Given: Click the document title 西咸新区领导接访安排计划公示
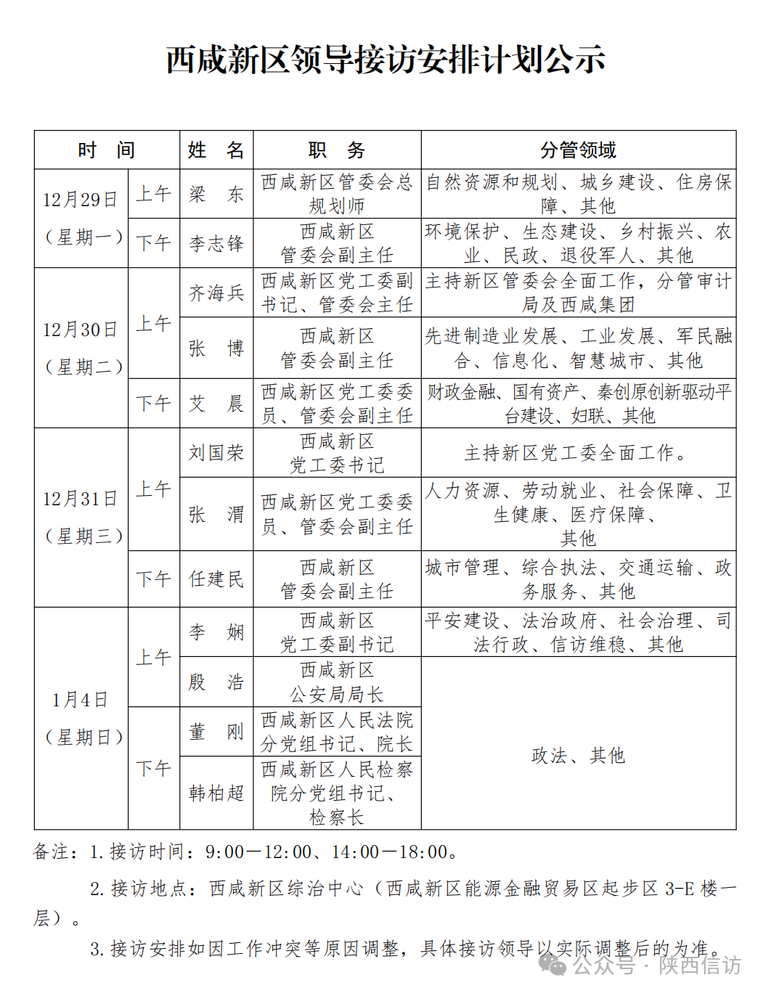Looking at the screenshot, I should pyautogui.click(x=386, y=60).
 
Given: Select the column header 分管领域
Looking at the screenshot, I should pyautogui.click(x=578, y=150).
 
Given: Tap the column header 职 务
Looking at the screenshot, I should pyautogui.click(x=337, y=150).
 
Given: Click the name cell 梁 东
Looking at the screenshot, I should pyautogui.click(x=216, y=195).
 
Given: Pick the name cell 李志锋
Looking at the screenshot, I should pyautogui.click(x=216, y=243).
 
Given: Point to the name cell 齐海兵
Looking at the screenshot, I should pyautogui.click(x=216, y=293).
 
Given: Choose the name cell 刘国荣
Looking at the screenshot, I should pyautogui.click(x=216, y=453).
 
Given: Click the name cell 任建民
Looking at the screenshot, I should pyautogui.click(x=216, y=579).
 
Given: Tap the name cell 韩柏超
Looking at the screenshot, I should pyautogui.click(x=216, y=793).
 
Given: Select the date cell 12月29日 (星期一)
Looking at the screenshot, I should pyautogui.click(x=81, y=218).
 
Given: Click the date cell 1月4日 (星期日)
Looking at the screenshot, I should pyautogui.click(x=81, y=718).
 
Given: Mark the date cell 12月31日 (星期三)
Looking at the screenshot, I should pyautogui.click(x=81, y=517).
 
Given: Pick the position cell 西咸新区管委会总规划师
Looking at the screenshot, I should pyautogui.click(x=337, y=194).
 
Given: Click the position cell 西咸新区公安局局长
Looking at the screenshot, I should pyautogui.click(x=337, y=682).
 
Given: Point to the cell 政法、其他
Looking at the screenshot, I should pyautogui.click(x=578, y=756).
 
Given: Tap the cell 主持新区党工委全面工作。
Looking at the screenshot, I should pyautogui.click(x=578, y=453).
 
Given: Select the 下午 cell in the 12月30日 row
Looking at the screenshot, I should pyautogui.click(x=154, y=403).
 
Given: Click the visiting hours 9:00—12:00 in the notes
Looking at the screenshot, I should pyautogui.click(x=258, y=852).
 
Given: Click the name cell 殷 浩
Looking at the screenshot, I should pyautogui.click(x=216, y=682).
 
